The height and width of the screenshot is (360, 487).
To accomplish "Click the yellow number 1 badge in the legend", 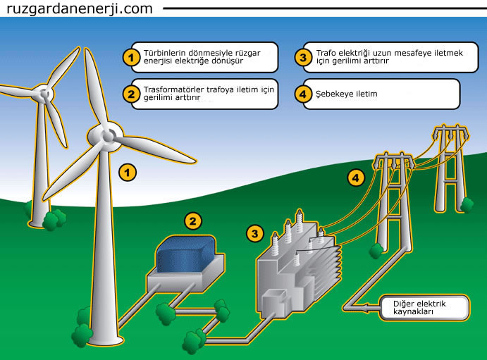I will point(130,57).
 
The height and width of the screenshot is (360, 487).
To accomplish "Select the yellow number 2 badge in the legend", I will point(130,93).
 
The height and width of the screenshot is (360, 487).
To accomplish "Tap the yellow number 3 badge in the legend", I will point(303,57).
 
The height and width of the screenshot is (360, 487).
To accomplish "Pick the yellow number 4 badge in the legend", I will point(303,93).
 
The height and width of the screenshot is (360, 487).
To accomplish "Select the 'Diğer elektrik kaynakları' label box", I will point(424,307).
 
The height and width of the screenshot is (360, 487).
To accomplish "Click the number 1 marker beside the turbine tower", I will point(128,170).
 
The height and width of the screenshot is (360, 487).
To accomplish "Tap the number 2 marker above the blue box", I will point(192,221).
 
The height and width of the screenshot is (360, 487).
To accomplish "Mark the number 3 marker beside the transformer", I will point(255,232).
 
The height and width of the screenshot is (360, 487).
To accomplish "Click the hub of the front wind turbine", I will point(109,133).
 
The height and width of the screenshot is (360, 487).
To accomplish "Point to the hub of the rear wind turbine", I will point(46,92).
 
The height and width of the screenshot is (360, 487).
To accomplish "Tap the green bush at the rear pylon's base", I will point(466,204).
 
